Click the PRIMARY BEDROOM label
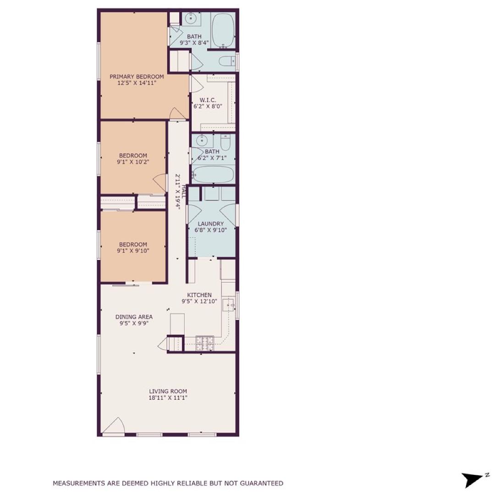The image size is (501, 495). (x=137, y=77)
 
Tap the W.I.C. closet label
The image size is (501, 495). (x=208, y=100)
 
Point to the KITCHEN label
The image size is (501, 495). (x=199, y=295)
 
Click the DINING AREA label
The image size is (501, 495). (x=134, y=317)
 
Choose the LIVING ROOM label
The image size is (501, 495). (x=168, y=391)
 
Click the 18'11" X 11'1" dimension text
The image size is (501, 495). (x=168, y=398)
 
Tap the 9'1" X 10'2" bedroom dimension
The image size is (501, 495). (x=133, y=162)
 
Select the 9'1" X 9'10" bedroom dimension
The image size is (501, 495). (x=133, y=251)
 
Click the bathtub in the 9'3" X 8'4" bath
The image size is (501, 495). (x=223, y=30)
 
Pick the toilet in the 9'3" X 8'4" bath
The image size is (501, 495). (x=227, y=61)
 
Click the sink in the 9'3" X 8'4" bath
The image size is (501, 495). (x=191, y=20)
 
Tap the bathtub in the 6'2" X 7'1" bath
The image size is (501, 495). (x=213, y=175)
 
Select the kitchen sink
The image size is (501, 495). (x=228, y=304)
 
